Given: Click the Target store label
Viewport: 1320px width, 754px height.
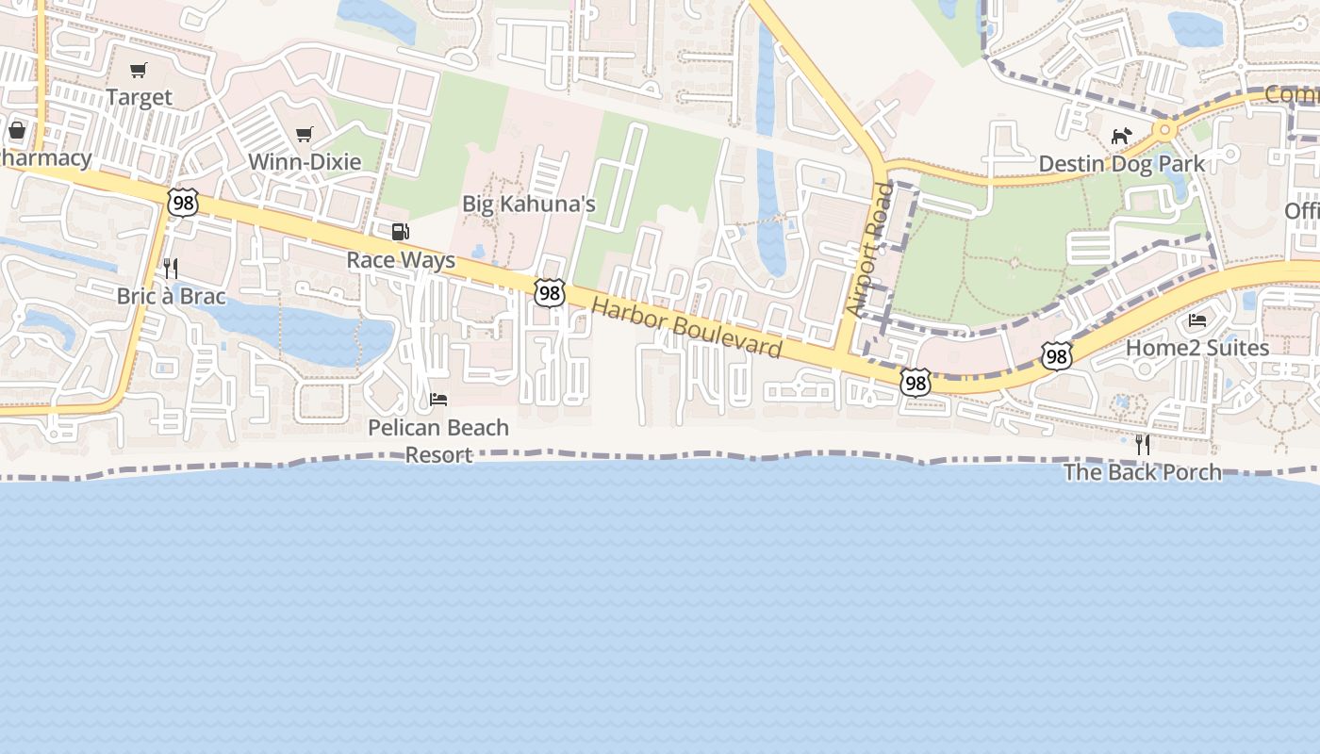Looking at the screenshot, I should pos(139,97).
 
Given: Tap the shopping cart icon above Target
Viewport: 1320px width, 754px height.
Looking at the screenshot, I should pos(139,70).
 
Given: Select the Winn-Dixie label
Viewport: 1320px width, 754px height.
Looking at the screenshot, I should pos(305,161).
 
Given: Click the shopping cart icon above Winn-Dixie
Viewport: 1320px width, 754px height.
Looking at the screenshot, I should pos(304,134).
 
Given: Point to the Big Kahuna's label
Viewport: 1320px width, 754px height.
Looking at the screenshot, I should pos(529,205).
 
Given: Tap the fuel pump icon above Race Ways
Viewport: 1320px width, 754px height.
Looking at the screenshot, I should pos(401,232).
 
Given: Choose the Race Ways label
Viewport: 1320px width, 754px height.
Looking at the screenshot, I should pos(401,260).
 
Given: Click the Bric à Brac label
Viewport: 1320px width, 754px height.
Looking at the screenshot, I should pos(171,296).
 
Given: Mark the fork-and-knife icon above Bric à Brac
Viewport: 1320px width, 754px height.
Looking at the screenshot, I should pos(171,269).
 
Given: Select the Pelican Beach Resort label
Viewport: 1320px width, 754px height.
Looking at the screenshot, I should pos(438,440).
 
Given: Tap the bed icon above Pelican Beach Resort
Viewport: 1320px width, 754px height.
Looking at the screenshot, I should pos(438,400).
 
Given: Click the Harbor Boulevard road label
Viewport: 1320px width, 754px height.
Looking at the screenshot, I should pos(687,328).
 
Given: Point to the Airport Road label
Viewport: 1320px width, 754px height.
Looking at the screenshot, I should pos(869,250).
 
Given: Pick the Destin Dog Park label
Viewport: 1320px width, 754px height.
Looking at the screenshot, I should pos(1121,164).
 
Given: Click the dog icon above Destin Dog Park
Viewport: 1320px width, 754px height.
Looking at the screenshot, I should pos(1120,137).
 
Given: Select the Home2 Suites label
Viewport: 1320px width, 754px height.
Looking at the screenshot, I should pos(1197,348).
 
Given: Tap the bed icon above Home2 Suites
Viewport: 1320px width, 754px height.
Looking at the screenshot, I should pos(1197,320).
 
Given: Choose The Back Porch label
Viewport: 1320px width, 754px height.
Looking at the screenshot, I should pos(1143,471).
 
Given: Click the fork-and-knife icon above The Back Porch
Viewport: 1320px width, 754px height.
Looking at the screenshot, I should pos(1143,444).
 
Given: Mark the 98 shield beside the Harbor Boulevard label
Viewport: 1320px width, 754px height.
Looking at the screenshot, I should pos(549,293).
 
